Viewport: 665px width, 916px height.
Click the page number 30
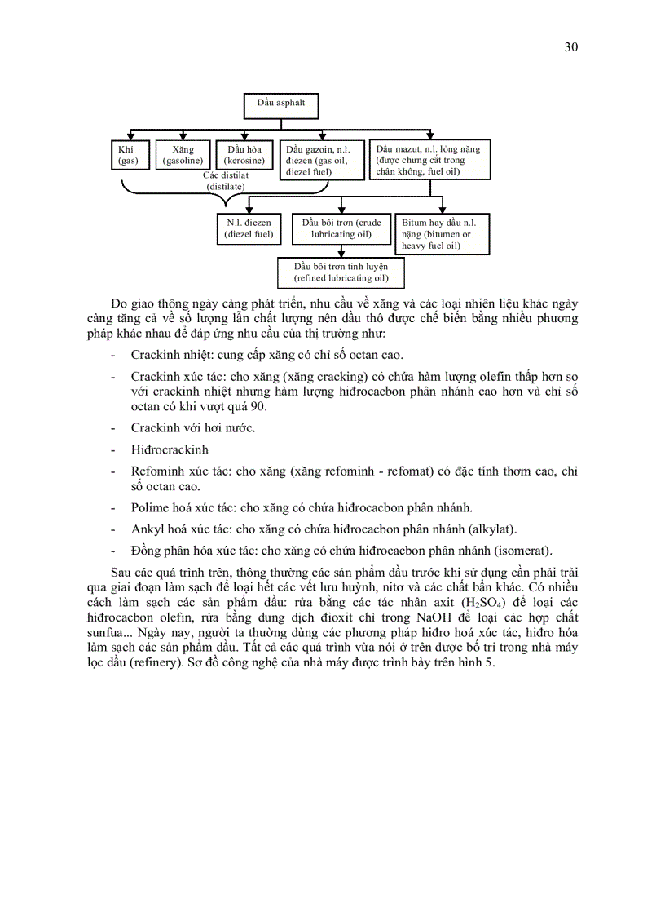click(570, 46)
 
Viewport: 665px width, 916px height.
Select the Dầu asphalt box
click(280, 105)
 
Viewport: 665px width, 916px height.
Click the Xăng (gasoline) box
click(183, 156)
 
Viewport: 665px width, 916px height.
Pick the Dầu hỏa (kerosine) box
click(244, 156)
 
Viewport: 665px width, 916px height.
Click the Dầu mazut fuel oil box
click(429, 160)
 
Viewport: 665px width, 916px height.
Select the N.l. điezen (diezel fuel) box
click(249, 228)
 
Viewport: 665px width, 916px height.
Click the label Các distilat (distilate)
click(226, 180)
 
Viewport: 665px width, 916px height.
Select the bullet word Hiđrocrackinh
click(170, 449)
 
